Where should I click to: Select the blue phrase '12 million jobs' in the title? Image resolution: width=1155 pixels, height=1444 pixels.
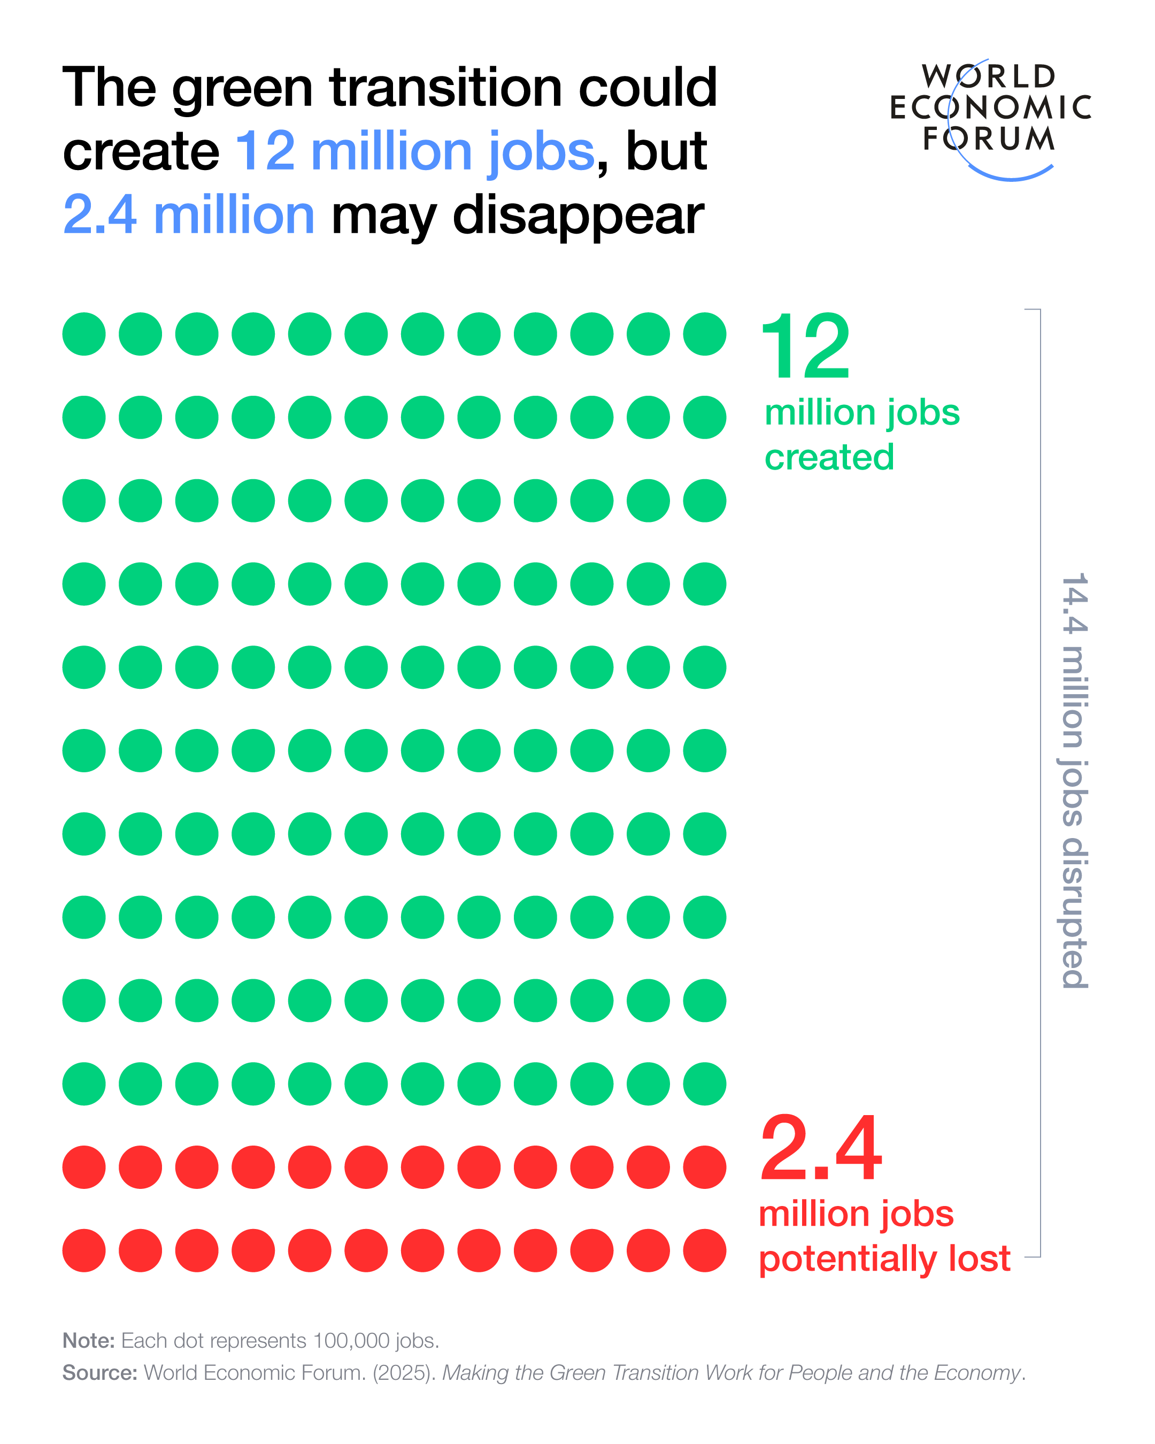point(414,151)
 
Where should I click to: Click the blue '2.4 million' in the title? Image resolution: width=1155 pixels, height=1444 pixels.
point(188,215)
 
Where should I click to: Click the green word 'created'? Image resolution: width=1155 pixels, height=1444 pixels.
point(829,457)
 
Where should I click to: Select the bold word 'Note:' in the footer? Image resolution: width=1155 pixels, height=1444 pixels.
point(88,1340)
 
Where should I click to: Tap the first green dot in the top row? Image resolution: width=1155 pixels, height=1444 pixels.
point(84,334)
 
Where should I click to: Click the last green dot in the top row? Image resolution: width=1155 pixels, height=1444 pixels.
point(704,334)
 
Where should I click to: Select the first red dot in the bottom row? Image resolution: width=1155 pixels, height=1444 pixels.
point(84,1250)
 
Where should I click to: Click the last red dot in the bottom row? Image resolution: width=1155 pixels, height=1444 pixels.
point(704,1250)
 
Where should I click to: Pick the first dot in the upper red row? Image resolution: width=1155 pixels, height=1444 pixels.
point(84,1168)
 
